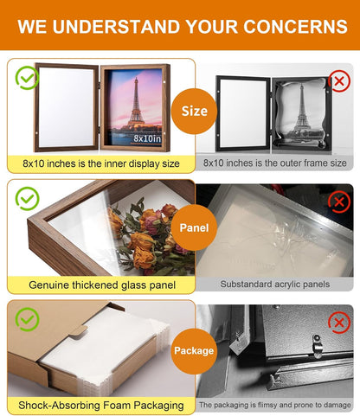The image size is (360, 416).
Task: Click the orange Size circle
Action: [x=194, y=111]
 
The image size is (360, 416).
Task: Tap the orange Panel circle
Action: [x=194, y=227]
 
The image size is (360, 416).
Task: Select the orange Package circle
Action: [x=194, y=351]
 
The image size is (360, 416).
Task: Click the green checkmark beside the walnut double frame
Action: [x=27, y=78]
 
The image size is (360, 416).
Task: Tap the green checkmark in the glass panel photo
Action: [x=27, y=199]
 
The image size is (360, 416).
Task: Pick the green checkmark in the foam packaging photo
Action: [x=27, y=319]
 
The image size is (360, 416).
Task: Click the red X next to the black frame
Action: [x=339, y=80]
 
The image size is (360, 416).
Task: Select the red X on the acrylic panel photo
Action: [x=339, y=202]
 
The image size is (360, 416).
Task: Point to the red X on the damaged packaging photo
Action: [x=339, y=323]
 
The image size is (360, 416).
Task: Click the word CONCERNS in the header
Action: [x=295, y=27]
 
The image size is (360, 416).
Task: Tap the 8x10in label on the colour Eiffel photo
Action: [x=147, y=138]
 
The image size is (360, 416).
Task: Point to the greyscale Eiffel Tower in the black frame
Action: [x=302, y=107]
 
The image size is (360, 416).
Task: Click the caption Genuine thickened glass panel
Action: [x=102, y=285]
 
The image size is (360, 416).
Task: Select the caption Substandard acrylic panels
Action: [x=275, y=285]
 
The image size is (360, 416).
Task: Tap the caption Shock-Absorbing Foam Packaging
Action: [x=101, y=406]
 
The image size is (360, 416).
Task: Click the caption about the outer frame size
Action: [x=275, y=163]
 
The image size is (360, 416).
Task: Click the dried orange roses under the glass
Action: [x=150, y=236]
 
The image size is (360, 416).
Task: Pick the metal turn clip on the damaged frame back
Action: [x=317, y=345]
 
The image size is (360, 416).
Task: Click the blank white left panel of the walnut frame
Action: [x=67, y=107]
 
